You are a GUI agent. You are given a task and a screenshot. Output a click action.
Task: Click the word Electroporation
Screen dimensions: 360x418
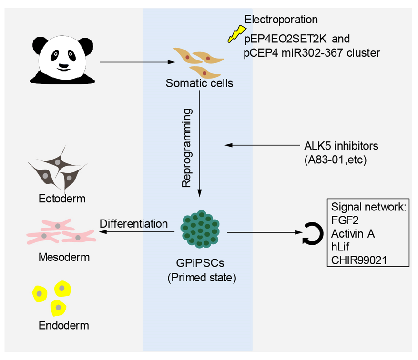pyautogui.click(x=281, y=20)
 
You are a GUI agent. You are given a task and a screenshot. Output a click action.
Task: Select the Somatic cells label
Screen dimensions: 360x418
pyautogui.click(x=199, y=84)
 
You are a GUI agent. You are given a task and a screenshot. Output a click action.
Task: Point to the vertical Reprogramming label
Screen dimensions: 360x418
pyautogui.click(x=188, y=148)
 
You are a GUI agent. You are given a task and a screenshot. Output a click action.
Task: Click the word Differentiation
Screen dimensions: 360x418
pyautogui.click(x=133, y=223)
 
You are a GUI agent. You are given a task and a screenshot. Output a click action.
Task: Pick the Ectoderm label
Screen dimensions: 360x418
pyautogui.click(x=62, y=198)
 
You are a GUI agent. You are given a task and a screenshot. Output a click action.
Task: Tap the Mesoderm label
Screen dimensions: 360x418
pyautogui.click(x=64, y=258)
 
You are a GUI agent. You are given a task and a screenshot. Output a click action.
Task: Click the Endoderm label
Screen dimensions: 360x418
pyautogui.click(x=64, y=326)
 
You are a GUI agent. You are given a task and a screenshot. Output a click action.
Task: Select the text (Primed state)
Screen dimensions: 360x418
pyautogui.click(x=202, y=278)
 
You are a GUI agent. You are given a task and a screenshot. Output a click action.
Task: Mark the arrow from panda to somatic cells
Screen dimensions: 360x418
pyautogui.click(x=136, y=62)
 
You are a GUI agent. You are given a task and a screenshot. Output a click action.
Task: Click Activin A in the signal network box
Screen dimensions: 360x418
pyautogui.click(x=353, y=234)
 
